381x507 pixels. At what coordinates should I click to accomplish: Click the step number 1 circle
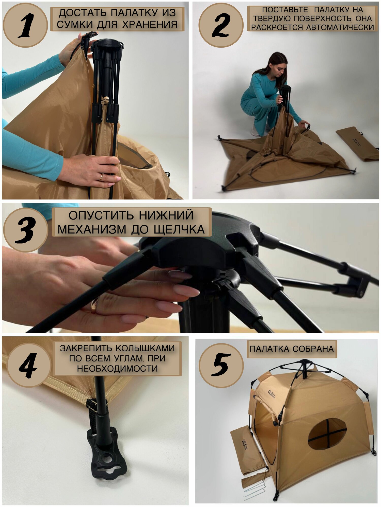(x=25, y=25)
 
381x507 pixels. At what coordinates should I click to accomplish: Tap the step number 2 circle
(x=221, y=25)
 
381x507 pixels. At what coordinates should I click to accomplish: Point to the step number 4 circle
(x=29, y=365)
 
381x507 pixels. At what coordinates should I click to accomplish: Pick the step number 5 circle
(x=221, y=365)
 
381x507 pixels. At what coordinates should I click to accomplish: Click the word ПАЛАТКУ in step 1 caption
(x=130, y=13)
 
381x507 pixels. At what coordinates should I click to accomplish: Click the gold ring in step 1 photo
(x=101, y=177)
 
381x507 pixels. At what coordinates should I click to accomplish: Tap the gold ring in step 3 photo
(x=94, y=306)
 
